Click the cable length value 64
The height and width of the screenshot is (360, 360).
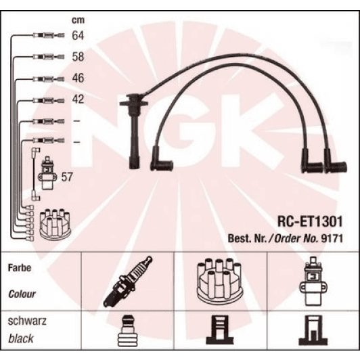[77, 37]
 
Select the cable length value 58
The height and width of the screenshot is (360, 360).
[77, 58]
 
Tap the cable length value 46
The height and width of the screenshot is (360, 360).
[77, 78]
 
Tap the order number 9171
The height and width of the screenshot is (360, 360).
[332, 238]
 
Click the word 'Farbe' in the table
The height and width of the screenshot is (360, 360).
[20, 267]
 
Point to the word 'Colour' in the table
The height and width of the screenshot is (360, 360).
[22, 294]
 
